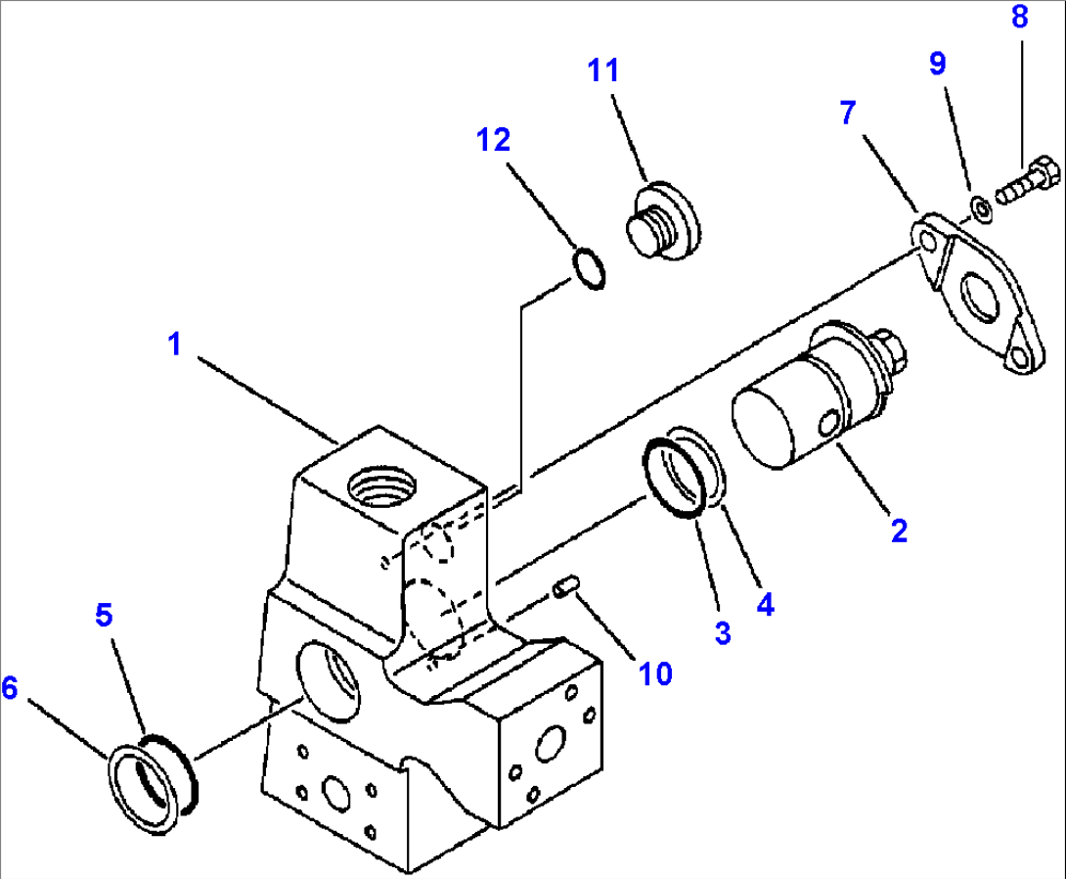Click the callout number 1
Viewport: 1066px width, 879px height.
(175, 344)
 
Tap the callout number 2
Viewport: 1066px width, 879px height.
(899, 531)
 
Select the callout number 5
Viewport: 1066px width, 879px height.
(104, 615)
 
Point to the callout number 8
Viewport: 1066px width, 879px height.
(1019, 17)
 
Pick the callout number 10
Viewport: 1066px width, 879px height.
(655, 673)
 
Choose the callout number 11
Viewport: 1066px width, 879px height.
(603, 70)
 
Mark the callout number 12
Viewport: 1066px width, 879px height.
(494, 140)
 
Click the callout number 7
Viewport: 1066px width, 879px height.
(847, 113)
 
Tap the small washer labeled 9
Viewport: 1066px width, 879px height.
(980, 208)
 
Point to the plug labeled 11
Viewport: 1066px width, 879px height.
(662, 219)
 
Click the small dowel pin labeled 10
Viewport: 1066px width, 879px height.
(565, 587)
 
